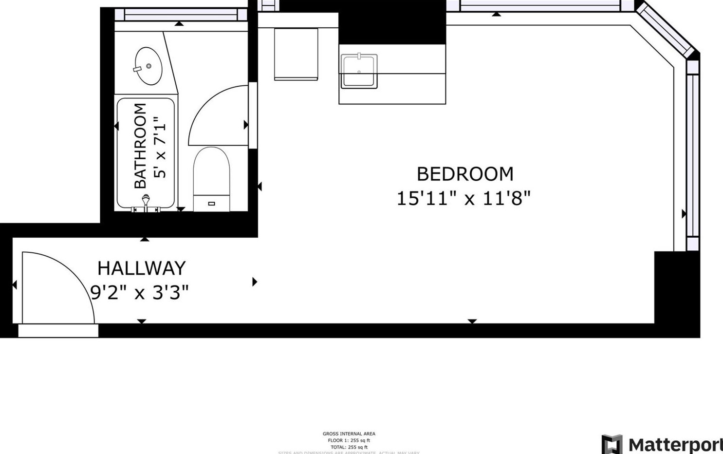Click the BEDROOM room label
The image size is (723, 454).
click(x=464, y=174)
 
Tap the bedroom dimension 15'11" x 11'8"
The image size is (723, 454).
click(x=463, y=199)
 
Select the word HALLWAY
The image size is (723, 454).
click(x=141, y=268)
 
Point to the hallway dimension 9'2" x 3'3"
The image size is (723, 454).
click(x=140, y=293)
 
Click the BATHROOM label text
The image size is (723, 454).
click(x=140, y=146)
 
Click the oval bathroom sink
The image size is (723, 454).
click(x=148, y=66)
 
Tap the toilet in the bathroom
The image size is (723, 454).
click(x=211, y=178)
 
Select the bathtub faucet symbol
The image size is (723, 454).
click(x=146, y=202)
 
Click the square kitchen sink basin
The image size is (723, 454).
click(x=359, y=71)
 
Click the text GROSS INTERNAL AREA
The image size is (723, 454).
click(x=349, y=434)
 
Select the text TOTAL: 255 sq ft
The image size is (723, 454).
click(x=349, y=447)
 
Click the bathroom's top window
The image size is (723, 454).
click(x=180, y=15)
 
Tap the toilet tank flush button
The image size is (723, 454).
click(x=211, y=204)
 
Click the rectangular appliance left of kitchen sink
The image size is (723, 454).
click(x=296, y=54)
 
